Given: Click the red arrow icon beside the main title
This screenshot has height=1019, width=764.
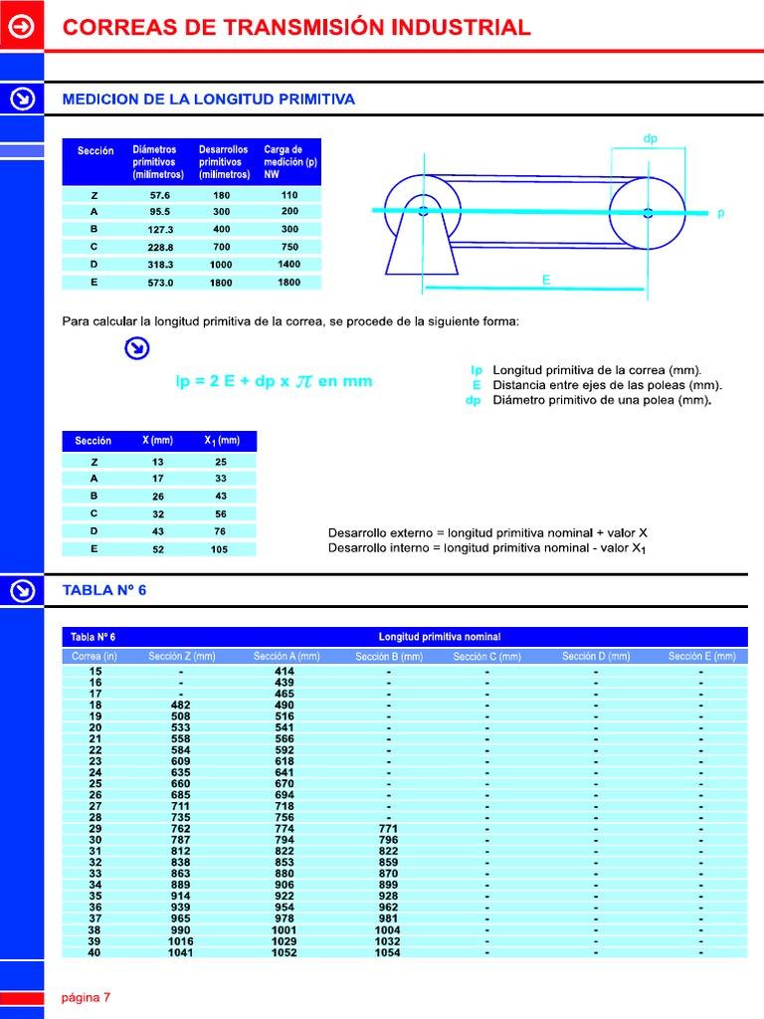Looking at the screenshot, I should (22, 27).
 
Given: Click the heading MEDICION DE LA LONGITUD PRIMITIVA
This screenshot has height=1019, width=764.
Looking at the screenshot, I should (208, 100).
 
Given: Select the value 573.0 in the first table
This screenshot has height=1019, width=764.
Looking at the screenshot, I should (160, 283).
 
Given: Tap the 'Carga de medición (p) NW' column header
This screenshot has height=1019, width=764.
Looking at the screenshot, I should (290, 161).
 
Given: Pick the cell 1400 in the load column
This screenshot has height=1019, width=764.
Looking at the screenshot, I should (289, 265).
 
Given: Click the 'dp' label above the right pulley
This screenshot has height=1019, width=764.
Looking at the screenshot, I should (651, 139).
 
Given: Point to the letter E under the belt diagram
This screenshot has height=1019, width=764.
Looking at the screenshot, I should (545, 282).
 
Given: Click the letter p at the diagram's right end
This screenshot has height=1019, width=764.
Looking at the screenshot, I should (720, 214).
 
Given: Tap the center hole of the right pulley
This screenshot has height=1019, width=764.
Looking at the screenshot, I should (648, 211).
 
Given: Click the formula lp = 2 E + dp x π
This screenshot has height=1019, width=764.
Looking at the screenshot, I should (274, 381).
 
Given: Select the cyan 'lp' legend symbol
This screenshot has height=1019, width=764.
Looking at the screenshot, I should (477, 370).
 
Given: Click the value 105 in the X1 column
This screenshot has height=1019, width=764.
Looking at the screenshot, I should (219, 549).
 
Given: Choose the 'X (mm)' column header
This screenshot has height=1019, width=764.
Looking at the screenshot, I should (157, 440).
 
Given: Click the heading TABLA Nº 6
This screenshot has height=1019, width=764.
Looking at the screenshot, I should (104, 590).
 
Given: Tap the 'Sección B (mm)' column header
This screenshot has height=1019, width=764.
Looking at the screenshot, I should (389, 657).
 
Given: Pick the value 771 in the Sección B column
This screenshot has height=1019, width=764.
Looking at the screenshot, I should (389, 828).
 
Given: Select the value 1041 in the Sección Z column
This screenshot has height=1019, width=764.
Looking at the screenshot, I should (181, 952).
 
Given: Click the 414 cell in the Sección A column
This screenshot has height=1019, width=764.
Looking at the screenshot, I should (285, 672).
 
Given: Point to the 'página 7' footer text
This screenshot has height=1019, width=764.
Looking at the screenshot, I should (87, 998).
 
